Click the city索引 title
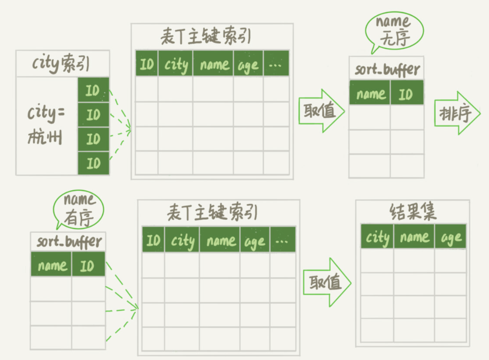pos(61,64)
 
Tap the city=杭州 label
pos(46,125)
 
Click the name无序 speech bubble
pos(394,30)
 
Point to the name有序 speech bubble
pos(79,208)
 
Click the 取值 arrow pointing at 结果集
pos(326,282)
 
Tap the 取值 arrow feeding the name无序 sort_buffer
pos(320,111)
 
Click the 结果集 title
pos(412,212)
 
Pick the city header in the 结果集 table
pos(377,237)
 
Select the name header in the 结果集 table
pos(414,237)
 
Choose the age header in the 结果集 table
pos(451,237)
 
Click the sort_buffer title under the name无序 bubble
pos(387,70)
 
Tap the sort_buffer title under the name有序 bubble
pos(69,242)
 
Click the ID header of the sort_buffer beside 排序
pos(406,93)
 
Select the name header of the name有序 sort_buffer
pos(52,265)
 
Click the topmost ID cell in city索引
pos(93,90)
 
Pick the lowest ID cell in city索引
pos(93,163)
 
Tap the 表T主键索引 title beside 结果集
pos(212,214)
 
